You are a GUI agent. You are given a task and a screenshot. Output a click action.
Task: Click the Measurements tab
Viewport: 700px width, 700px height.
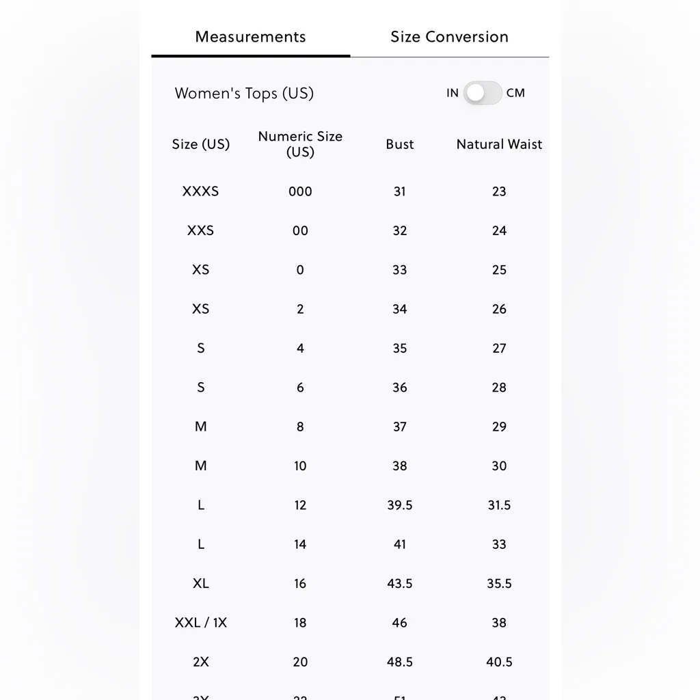[x=250, y=37]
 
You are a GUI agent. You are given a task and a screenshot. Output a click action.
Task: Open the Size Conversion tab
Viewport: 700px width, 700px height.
[x=449, y=37]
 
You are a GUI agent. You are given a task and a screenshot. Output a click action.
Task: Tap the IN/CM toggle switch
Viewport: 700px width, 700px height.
[x=483, y=93]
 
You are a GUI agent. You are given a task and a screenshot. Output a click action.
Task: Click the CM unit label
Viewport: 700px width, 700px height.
[x=516, y=93]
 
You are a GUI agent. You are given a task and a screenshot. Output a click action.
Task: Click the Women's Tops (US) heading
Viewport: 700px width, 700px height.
[x=244, y=94]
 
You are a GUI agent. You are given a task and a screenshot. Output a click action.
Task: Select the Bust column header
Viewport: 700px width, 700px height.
[x=400, y=144]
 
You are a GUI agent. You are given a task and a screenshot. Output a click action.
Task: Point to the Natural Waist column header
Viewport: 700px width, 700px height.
[x=499, y=144]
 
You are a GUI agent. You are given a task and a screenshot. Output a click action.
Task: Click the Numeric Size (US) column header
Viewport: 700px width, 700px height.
[x=300, y=144]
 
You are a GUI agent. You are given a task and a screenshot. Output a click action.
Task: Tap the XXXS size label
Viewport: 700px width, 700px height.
[x=200, y=191]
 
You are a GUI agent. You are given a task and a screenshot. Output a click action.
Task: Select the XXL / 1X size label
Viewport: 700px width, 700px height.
[x=200, y=623]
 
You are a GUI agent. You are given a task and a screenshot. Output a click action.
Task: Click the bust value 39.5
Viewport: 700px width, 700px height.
[x=400, y=505]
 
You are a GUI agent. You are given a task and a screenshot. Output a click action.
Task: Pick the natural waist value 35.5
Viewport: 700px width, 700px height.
[x=499, y=584]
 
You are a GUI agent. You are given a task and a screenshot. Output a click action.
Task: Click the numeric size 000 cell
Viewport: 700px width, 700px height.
[x=300, y=191]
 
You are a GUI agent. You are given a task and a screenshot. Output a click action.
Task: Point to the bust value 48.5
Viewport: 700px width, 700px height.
[x=400, y=662]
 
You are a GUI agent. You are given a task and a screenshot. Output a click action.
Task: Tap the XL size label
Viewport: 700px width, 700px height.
[x=200, y=584]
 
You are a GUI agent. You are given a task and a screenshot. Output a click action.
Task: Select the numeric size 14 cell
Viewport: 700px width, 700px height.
[x=300, y=545]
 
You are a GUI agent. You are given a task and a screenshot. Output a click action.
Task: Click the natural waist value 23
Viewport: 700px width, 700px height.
[x=499, y=191]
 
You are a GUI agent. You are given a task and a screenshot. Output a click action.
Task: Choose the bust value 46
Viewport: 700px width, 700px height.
[x=400, y=623]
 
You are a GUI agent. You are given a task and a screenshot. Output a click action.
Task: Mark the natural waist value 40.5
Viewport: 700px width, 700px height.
[x=499, y=662]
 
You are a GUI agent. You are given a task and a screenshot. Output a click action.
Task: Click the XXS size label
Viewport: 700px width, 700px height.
[x=200, y=231]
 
